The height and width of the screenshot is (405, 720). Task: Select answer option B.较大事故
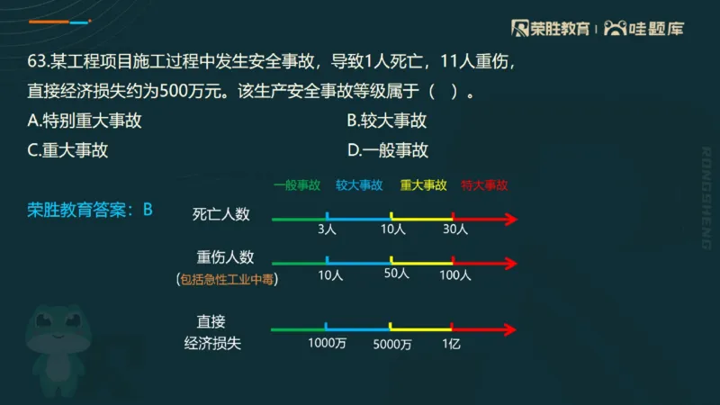tap(386, 121)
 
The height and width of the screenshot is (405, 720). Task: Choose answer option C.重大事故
tap(68, 150)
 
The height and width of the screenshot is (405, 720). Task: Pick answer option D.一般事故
tap(387, 150)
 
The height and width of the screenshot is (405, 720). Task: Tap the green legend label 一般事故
tap(296, 185)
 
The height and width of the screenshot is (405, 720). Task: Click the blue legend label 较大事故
tap(359, 185)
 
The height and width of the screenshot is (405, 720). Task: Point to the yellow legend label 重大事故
tap(423, 185)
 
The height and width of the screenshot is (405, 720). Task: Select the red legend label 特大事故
tap(484, 185)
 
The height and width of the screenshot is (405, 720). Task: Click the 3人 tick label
tap(327, 229)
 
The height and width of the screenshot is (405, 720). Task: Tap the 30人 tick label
tap(456, 229)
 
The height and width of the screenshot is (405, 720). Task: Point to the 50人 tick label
tap(396, 274)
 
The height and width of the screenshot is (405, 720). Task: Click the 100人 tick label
tap(455, 275)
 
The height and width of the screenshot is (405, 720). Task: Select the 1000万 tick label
tap(327, 343)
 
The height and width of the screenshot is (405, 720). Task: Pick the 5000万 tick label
tap(392, 343)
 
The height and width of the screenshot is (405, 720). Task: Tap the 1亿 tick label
tap(451, 343)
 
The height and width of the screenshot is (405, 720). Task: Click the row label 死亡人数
tap(220, 214)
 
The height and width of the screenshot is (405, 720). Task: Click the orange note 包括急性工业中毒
tap(229, 280)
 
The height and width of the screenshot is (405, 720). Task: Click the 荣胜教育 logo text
tap(556, 28)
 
